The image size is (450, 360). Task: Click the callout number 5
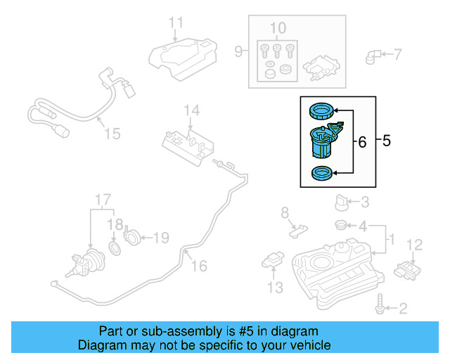(x=386, y=141)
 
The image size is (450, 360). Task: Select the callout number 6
(x=362, y=143)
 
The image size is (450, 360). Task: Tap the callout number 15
(x=112, y=133)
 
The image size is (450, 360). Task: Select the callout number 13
(x=275, y=287)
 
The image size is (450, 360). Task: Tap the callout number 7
(x=397, y=53)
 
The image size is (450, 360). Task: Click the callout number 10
(x=278, y=29)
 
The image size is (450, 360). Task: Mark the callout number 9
(x=238, y=51)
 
